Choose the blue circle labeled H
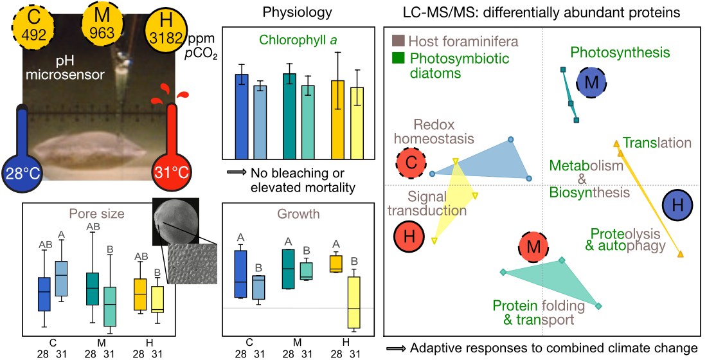point(677,206)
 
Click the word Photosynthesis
point(620,53)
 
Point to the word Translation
point(657,143)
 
